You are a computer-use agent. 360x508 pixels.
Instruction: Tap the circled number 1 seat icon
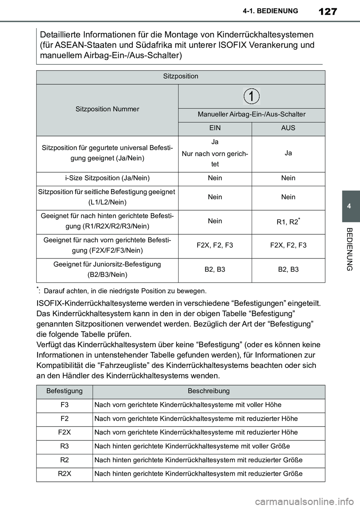[x=252, y=96]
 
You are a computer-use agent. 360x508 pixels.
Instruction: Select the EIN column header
[x=215, y=128]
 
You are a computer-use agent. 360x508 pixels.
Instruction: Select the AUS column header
[x=288, y=128]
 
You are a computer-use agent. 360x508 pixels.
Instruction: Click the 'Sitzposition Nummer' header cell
[x=107, y=109]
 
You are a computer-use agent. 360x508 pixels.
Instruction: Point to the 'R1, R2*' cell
[x=288, y=222]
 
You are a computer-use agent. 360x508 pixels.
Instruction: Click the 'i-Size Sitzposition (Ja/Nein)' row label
[x=107, y=178]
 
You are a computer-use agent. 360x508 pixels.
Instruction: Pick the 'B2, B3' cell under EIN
[x=215, y=269]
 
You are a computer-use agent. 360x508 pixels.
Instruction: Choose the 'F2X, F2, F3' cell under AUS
[x=288, y=245]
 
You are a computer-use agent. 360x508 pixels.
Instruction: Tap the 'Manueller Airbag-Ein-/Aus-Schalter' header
[x=252, y=114]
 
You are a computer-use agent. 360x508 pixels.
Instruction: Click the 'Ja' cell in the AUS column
[x=288, y=153]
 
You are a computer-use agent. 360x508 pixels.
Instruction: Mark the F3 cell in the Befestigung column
[x=64, y=405]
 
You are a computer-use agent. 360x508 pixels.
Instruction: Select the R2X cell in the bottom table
[x=64, y=474]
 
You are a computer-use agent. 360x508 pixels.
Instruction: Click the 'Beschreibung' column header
[x=208, y=391]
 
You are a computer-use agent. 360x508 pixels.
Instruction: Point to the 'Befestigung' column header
[x=64, y=391]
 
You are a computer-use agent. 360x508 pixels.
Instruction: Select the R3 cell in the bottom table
[x=64, y=446]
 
